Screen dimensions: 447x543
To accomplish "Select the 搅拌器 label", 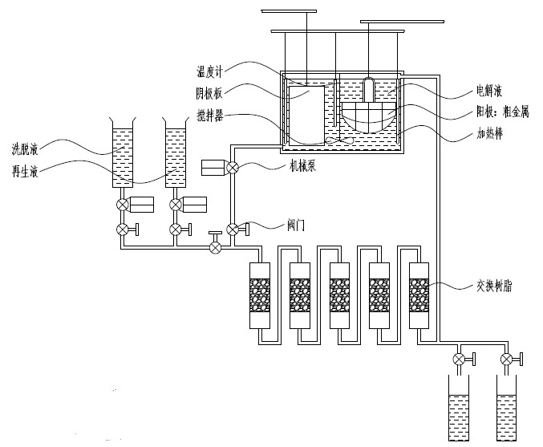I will pos(210,116).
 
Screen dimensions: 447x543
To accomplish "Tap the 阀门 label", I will pos(294,226).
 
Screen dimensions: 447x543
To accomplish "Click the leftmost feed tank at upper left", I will pos(122,157).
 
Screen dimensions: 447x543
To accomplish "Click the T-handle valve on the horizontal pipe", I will pos(215,246).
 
